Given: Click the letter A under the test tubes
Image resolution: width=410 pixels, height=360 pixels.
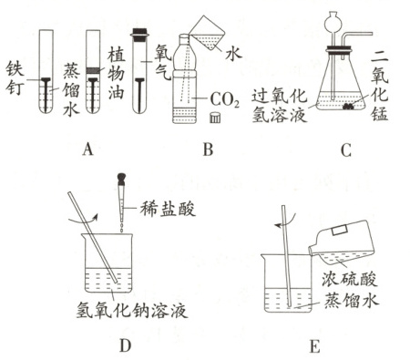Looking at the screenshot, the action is click(x=87, y=149).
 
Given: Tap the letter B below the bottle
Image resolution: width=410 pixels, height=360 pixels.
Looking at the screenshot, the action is click(x=209, y=149).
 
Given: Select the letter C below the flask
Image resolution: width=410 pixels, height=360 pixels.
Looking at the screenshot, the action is click(x=346, y=149).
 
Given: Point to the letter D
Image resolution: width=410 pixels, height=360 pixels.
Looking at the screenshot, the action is click(x=126, y=345).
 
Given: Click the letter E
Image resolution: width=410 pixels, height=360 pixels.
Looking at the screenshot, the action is click(x=315, y=346).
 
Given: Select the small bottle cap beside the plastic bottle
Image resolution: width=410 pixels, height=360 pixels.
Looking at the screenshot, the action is click(x=215, y=118).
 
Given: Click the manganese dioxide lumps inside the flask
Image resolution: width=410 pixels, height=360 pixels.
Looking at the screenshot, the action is click(x=349, y=106).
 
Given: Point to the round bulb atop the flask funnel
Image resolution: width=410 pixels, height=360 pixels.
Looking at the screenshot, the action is click(x=333, y=21).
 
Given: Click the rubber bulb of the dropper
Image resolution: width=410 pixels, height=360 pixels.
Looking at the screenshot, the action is click(x=121, y=178).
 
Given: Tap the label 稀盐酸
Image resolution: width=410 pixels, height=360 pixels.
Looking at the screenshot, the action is click(x=168, y=209).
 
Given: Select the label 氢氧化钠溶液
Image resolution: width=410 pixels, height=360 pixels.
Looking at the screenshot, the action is click(x=132, y=311).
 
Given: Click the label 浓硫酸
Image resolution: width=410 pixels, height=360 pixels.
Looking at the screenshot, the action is click(x=350, y=278).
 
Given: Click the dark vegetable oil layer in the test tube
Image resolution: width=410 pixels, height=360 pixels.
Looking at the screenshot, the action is click(x=93, y=70).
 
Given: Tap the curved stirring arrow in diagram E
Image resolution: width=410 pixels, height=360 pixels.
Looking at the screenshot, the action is click(x=285, y=222).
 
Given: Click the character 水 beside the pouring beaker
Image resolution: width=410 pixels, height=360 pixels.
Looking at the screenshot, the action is click(x=233, y=54).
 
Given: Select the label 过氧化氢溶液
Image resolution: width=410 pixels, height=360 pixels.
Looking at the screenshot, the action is click(x=280, y=107).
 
